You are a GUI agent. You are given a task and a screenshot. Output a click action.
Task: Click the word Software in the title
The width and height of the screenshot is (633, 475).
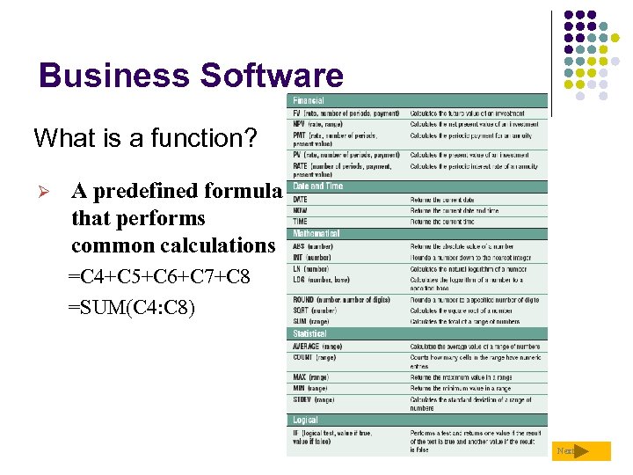pos(272,76)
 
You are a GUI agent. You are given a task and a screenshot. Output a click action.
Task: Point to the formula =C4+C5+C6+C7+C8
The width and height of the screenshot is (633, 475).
pos(159,278)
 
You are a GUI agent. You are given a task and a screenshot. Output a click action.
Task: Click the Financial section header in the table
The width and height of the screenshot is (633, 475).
pos(309,101)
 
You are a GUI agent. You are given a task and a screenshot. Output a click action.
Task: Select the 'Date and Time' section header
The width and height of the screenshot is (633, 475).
pos(318,186)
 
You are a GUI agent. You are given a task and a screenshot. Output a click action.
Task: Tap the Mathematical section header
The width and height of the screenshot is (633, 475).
pos(316,234)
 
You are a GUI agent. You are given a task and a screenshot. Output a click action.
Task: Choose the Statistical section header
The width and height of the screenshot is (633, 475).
pos(309,334)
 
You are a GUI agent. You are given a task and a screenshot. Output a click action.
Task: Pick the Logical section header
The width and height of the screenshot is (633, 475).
pos(305,420)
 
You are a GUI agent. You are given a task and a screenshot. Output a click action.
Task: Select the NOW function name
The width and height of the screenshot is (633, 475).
pos(299,211)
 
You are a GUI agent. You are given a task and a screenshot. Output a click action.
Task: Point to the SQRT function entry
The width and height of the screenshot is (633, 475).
pos(301,311)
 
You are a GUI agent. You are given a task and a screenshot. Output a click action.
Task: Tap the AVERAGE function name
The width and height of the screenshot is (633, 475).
pos(305,347)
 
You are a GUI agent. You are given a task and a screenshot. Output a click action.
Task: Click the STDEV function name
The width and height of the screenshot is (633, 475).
pos(302,399)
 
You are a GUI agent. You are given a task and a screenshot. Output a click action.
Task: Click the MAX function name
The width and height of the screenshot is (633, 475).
pos(298,377)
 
